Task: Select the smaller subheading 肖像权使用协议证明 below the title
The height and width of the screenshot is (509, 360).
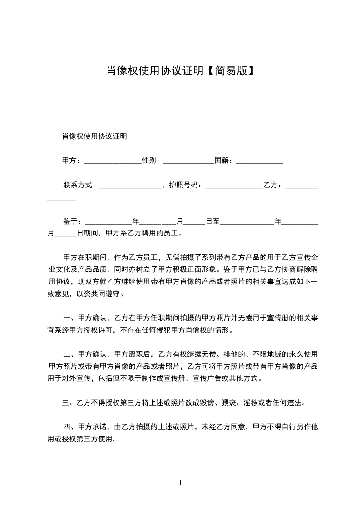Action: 94,136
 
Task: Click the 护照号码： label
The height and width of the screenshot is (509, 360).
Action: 187,185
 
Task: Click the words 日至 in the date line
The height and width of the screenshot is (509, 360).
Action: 212,221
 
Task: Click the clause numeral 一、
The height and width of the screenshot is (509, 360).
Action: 70,318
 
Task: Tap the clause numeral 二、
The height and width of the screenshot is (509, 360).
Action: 70,354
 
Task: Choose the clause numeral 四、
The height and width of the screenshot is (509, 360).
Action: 70,426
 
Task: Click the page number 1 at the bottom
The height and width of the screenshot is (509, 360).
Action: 180,483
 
